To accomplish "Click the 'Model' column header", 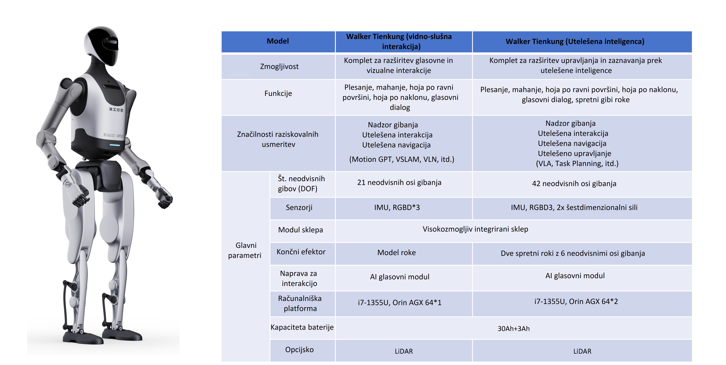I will pyautogui.click(x=278, y=41).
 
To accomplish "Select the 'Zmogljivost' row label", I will pyautogui.click(x=279, y=67).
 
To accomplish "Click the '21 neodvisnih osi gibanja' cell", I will pyautogui.click(x=399, y=182).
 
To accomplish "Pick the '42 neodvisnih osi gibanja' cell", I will pyautogui.click(x=574, y=184).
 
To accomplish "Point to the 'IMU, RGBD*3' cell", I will pyautogui.click(x=397, y=208).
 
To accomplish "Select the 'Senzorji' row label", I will pyautogui.click(x=299, y=208).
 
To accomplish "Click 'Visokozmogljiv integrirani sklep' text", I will pyautogui.click(x=475, y=229).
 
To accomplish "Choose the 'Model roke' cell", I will pyautogui.click(x=396, y=253).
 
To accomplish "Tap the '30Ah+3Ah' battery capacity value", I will pyautogui.click(x=514, y=329).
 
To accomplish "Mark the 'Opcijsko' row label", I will pyautogui.click(x=299, y=350).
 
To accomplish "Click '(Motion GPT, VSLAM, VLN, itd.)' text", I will pyautogui.click(x=402, y=159).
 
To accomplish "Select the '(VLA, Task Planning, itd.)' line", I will pyautogui.click(x=577, y=164).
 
